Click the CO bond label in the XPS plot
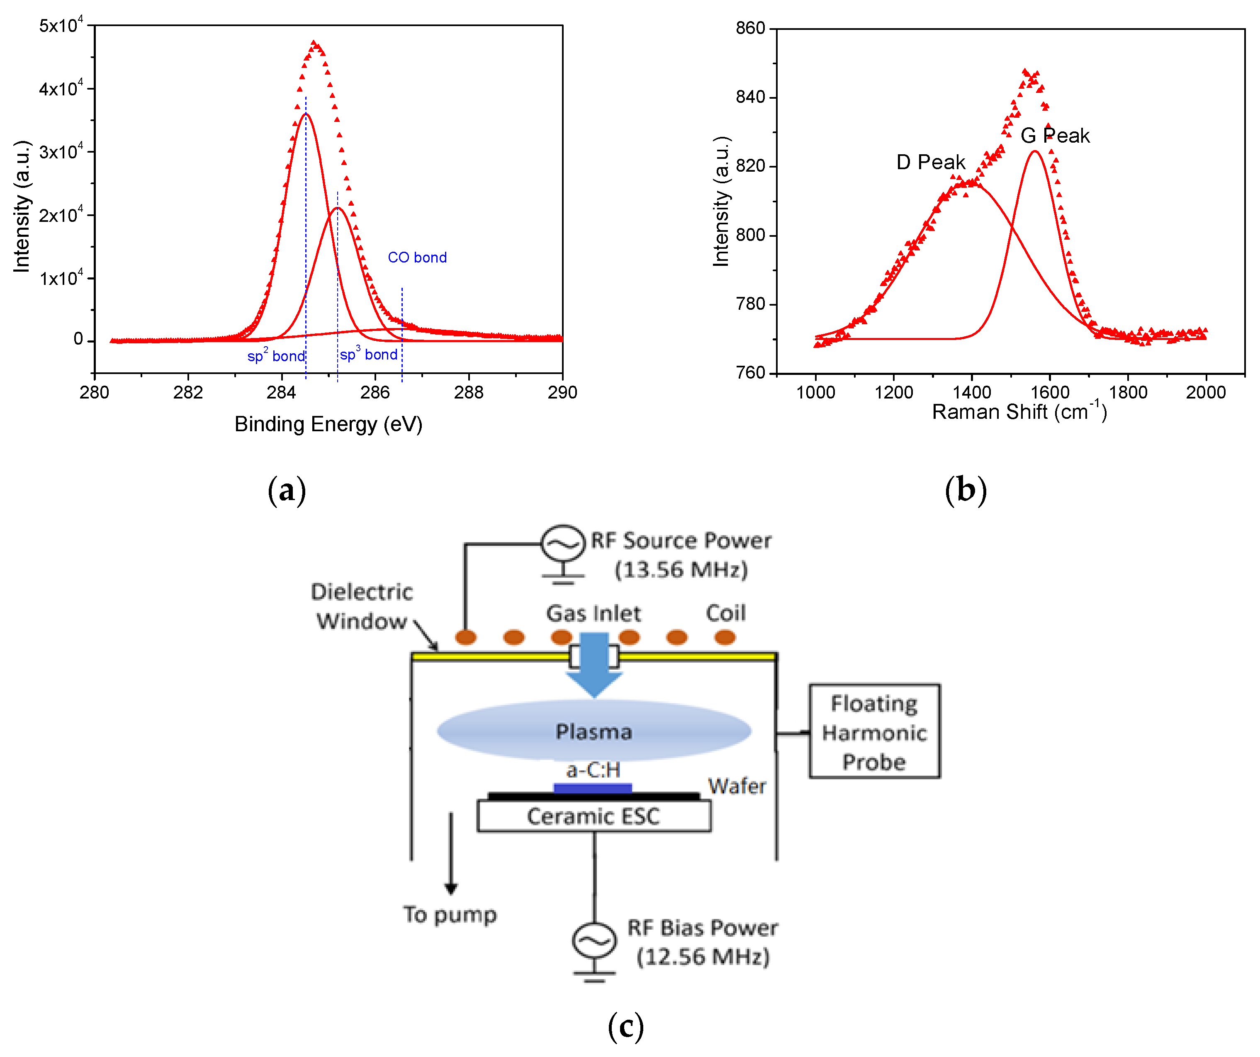click(x=417, y=258)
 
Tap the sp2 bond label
click(x=276, y=356)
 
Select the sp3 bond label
click(x=368, y=354)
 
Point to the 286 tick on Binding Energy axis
click(x=375, y=392)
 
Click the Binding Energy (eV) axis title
click(x=328, y=424)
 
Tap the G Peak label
click(x=1055, y=136)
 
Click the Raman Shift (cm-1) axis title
click(x=1019, y=411)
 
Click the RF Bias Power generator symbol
click(x=594, y=940)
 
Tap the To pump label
click(x=450, y=915)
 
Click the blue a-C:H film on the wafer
click(x=592, y=787)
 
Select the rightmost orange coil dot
click(x=725, y=637)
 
